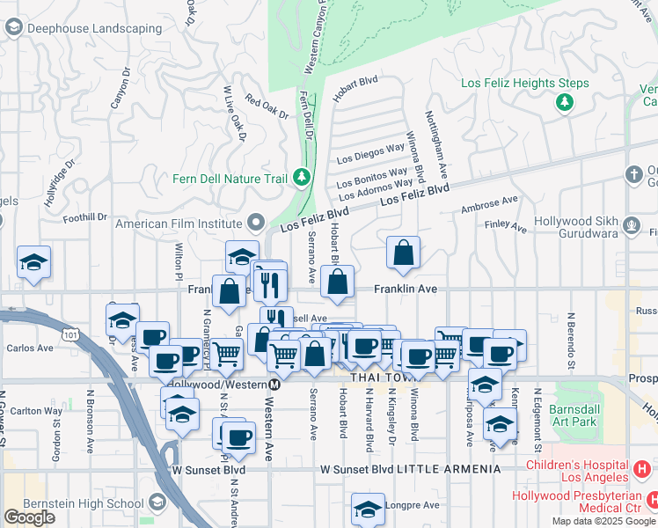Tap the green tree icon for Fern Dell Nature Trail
[302, 179]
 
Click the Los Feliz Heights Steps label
[524, 84]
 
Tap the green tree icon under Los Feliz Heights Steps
[564, 104]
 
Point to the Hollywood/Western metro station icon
[275, 385]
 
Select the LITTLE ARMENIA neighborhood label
[449, 469]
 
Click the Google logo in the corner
[29, 517]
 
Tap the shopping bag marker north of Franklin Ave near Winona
[403, 253]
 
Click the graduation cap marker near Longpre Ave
[368, 510]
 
